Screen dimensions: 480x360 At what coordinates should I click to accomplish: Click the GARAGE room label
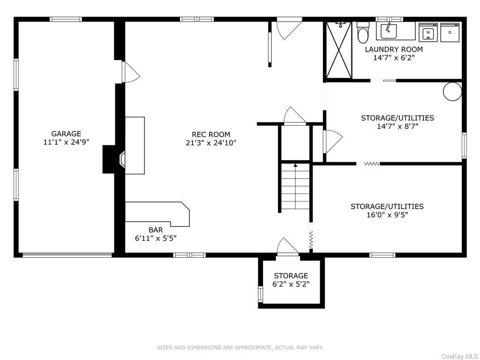click(x=66, y=134)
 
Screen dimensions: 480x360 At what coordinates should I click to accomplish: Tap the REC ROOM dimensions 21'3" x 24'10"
click(x=211, y=142)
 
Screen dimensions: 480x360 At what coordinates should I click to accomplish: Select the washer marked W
click(x=428, y=32)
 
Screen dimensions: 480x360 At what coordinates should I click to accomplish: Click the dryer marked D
click(x=450, y=32)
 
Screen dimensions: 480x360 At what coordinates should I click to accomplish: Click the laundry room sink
click(x=389, y=31)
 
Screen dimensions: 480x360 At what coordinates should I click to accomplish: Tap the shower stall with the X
click(x=338, y=50)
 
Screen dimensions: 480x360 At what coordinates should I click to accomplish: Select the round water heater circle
click(x=452, y=91)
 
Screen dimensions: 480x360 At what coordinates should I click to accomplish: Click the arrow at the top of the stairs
click(x=295, y=165)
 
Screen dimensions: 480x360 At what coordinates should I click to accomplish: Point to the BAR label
click(x=156, y=230)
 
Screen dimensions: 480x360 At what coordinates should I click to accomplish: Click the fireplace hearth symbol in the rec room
click(x=122, y=159)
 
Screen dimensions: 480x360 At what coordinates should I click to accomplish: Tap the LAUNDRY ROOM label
click(x=394, y=49)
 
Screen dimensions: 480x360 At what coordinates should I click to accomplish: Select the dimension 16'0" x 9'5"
click(x=387, y=215)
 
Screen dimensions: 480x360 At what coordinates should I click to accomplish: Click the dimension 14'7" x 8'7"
click(x=397, y=126)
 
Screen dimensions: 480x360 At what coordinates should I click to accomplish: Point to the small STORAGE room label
click(x=291, y=276)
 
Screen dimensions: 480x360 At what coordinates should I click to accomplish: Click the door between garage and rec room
click(x=131, y=72)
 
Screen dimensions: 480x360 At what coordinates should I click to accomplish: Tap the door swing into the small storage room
click(x=288, y=247)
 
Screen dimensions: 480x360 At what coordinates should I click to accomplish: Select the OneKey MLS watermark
click(x=460, y=356)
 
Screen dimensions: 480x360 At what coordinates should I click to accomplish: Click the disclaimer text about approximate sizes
click(x=240, y=347)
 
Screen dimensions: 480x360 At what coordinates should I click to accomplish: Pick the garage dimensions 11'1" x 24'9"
click(x=66, y=142)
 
